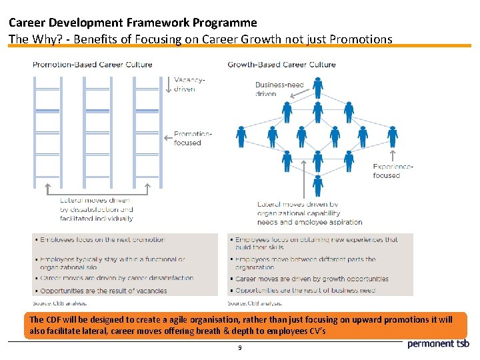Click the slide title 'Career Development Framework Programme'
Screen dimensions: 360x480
point(133,23)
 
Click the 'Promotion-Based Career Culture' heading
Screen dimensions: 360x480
point(93,65)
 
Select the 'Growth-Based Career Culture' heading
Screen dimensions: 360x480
point(281,65)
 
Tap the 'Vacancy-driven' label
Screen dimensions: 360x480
point(189,85)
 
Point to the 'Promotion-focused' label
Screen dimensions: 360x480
point(193,138)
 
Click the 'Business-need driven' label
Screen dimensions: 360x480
point(279,89)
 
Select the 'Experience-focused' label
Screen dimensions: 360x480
point(393,171)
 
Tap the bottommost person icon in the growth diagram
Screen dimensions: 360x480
point(318,185)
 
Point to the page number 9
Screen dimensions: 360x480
point(239,348)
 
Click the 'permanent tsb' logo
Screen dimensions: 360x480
point(438,344)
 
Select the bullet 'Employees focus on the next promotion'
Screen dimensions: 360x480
point(102,239)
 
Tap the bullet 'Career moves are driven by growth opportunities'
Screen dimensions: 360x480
point(310,279)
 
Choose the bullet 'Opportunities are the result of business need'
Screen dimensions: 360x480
point(305,291)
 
